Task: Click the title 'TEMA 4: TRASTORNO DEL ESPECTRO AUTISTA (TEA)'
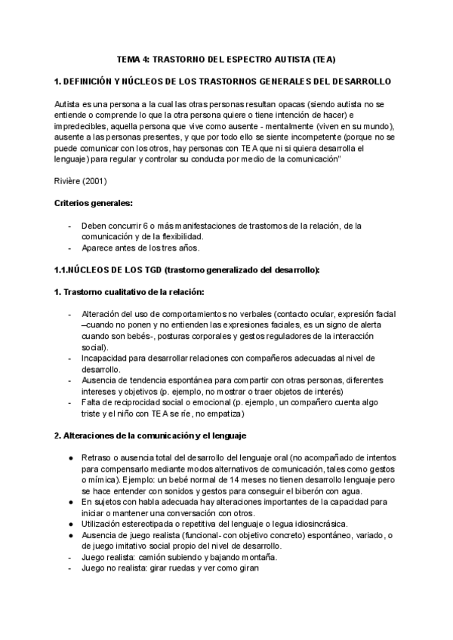[226, 58]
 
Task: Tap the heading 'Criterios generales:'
[94, 204]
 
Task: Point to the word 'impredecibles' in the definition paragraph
[84, 127]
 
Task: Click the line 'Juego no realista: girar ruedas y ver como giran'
[170, 568]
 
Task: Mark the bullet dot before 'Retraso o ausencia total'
[69, 457]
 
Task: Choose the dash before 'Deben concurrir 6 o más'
[70, 226]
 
